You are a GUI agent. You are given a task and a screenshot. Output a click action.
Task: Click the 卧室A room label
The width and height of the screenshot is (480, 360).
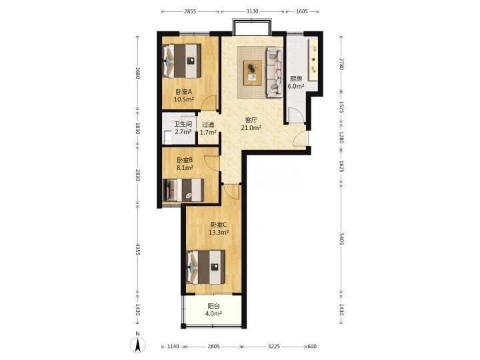point(184,91)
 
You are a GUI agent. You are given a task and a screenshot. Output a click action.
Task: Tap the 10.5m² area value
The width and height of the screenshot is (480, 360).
point(184,99)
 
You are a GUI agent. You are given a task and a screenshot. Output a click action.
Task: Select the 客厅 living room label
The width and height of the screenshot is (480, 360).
point(251,120)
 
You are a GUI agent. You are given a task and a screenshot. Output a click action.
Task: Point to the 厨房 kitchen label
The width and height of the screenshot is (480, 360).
point(296,79)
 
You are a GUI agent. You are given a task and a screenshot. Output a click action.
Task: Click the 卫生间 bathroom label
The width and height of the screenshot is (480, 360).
point(183,124)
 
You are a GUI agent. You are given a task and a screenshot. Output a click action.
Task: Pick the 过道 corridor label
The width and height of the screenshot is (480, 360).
point(208,125)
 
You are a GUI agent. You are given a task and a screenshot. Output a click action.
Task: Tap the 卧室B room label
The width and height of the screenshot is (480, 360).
point(185,160)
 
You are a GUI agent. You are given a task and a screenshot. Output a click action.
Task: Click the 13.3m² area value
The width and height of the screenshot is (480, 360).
point(219,233)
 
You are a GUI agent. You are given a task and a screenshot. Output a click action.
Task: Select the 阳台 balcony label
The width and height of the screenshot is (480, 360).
point(214,306)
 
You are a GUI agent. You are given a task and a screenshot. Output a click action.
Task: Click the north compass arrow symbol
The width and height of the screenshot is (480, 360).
point(138,345)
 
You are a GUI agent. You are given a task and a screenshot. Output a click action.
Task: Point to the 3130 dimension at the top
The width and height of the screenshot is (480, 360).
point(252,11)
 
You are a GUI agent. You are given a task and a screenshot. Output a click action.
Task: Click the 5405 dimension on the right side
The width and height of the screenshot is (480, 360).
point(341,239)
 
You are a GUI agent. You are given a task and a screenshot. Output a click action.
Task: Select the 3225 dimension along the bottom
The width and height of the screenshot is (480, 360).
point(274,347)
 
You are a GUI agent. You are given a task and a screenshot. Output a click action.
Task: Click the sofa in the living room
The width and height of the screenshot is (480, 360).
point(274,72)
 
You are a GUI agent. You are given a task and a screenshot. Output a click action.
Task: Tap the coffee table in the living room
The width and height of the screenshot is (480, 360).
point(253,73)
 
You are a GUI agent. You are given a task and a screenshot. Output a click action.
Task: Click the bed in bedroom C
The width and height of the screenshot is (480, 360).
point(205,267)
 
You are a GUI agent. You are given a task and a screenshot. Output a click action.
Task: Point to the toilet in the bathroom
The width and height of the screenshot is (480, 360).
point(167,137)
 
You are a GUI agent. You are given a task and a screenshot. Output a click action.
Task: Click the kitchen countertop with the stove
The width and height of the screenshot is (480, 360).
point(313,60)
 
